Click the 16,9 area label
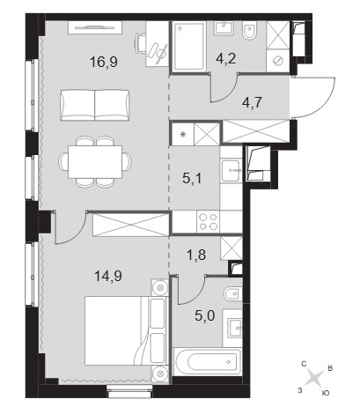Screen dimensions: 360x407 pos(104,62)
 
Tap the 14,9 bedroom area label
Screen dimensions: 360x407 pos(108,276)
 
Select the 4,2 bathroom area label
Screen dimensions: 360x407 pos(225,59)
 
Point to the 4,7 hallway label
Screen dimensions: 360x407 pos(252,103)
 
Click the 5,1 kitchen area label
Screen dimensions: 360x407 pos(192,178)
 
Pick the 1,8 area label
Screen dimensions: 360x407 pos(196,255)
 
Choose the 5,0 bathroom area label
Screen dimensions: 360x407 pos(205,316)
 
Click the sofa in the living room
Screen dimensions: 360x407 pos(95,105)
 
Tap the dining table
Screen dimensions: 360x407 pos(95,162)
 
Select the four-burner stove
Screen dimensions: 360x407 pos(209,222)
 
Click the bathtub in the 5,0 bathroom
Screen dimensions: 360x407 pos(208,361)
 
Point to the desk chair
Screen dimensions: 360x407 pos(141,43)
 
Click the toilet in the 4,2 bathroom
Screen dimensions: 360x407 pos(250,32)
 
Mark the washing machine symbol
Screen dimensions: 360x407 pos(277,61)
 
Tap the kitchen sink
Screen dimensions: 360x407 pos(231,170)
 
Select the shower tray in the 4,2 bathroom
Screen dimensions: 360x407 pos(189,47)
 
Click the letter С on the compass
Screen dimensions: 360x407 pos(304,364)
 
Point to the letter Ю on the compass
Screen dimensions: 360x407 pos(325,393)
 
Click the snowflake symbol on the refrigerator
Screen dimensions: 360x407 pos(183,135)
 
